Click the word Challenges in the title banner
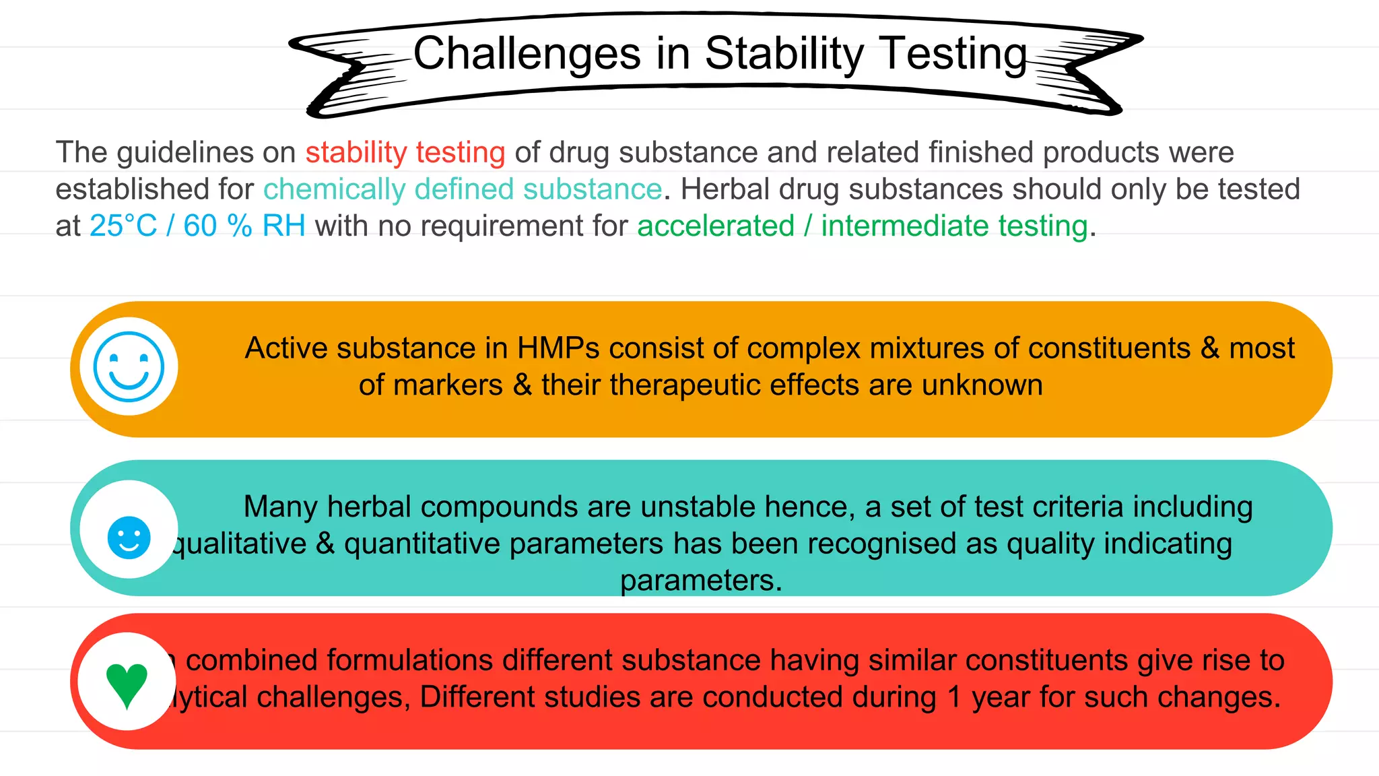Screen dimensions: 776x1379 pyautogui.click(x=527, y=54)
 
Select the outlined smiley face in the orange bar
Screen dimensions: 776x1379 pyautogui.click(x=129, y=366)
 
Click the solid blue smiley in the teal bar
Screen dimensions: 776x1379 pyautogui.click(x=129, y=538)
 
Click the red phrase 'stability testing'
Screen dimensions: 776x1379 pyautogui.click(x=405, y=152)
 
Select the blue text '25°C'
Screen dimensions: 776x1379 pyautogui.click(x=123, y=226)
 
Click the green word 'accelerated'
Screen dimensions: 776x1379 pyautogui.click(x=716, y=226)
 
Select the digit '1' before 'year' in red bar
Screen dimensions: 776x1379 pyautogui.click(x=953, y=697)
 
